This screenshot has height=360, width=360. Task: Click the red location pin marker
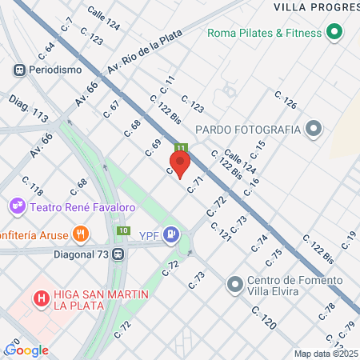click(x=181, y=164)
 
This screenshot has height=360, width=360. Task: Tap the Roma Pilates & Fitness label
click(x=264, y=33)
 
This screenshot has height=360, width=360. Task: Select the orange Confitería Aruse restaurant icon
click(x=80, y=234)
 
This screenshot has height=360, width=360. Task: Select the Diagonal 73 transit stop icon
click(x=118, y=254)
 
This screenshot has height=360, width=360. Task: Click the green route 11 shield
click(x=181, y=148)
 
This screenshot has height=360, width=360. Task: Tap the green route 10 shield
click(x=122, y=231)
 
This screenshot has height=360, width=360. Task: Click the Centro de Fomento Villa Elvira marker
click(x=235, y=283)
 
